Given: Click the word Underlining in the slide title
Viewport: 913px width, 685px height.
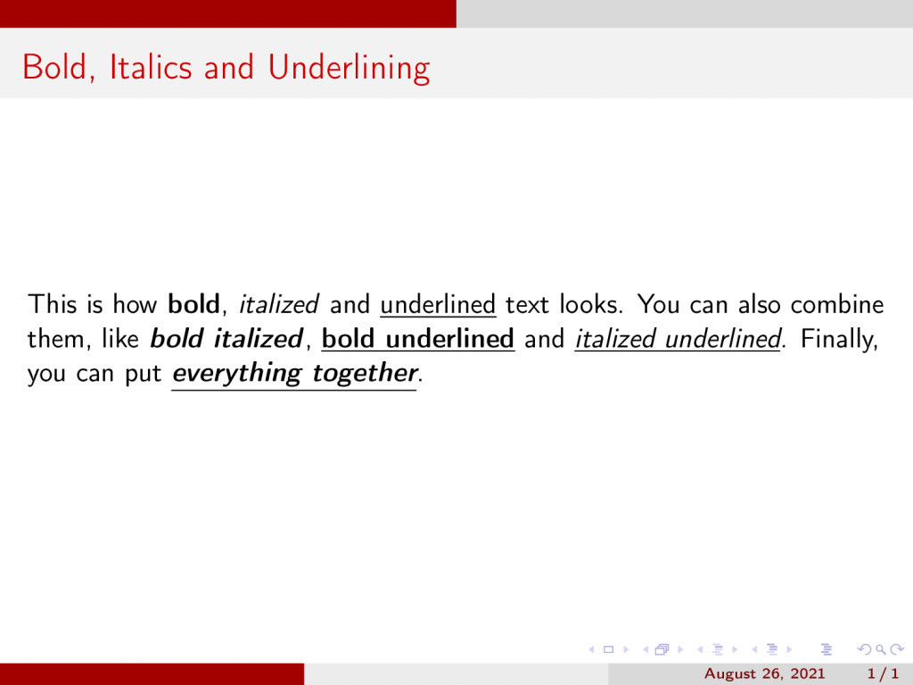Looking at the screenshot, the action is click(349, 68).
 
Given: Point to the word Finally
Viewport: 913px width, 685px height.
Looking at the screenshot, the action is click(839, 339).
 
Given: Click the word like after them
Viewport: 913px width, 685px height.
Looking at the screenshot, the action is click(120, 338).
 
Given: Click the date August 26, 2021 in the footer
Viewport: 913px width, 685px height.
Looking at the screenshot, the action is click(764, 674).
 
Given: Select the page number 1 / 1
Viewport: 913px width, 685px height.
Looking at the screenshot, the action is click(883, 674).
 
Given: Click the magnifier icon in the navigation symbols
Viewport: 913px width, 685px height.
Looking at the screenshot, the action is click(881, 649).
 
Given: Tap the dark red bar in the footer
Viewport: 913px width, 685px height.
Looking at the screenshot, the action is click(152, 674).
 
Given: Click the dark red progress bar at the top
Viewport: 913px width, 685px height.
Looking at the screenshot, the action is click(228, 13).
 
